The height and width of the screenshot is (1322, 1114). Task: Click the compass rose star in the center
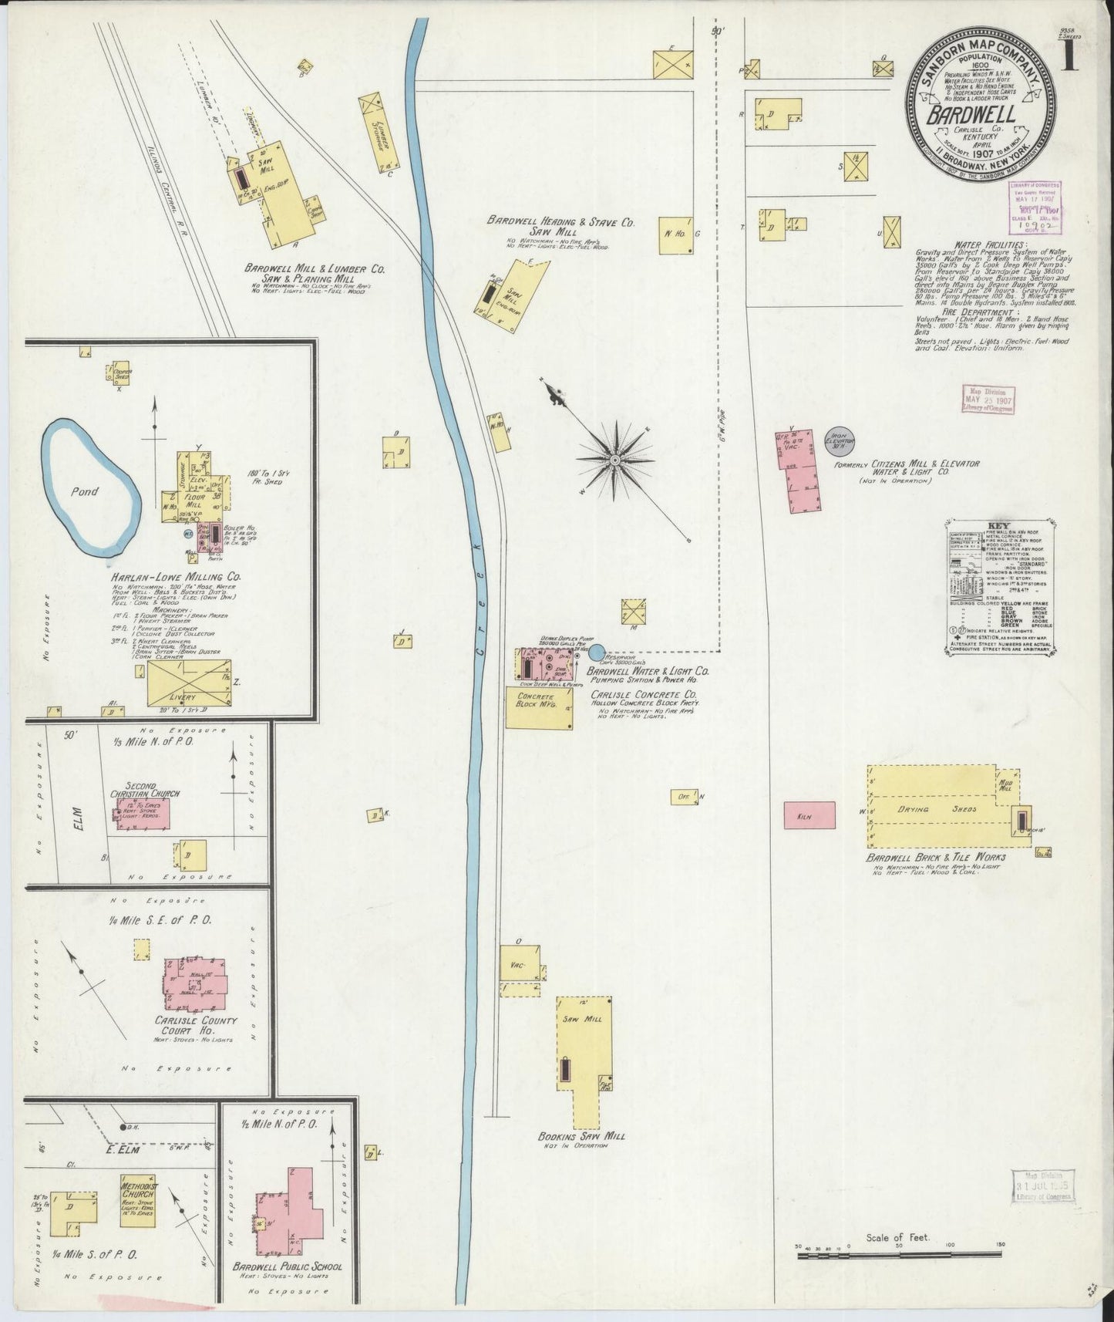[x=614, y=460]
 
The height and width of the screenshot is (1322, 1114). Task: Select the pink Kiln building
[x=810, y=815]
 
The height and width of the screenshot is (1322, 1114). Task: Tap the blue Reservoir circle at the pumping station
[x=597, y=653]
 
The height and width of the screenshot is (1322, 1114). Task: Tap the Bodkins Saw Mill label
[x=581, y=1137]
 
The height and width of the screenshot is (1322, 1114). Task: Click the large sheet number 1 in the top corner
[x=1070, y=57]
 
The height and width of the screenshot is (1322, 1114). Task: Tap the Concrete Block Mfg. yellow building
[x=539, y=707]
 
